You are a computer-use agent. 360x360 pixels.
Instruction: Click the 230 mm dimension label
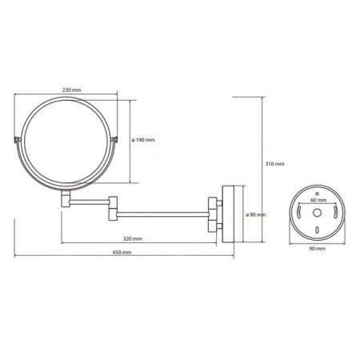tap(72, 90)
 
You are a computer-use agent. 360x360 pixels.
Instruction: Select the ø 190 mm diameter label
tap(143, 140)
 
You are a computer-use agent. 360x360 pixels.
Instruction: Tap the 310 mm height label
tap(274, 164)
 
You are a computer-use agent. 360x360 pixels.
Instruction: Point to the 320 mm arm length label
tap(132, 238)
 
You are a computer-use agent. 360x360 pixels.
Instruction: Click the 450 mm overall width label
tap(122, 252)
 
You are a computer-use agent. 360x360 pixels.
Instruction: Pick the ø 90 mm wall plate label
tap(256, 214)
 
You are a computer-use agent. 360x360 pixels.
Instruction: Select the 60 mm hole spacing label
tap(318, 200)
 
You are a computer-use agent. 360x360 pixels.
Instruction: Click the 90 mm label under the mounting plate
tap(317, 249)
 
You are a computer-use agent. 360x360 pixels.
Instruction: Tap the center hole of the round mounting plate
tap(317, 213)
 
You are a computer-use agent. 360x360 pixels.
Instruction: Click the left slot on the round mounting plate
tap(299, 211)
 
